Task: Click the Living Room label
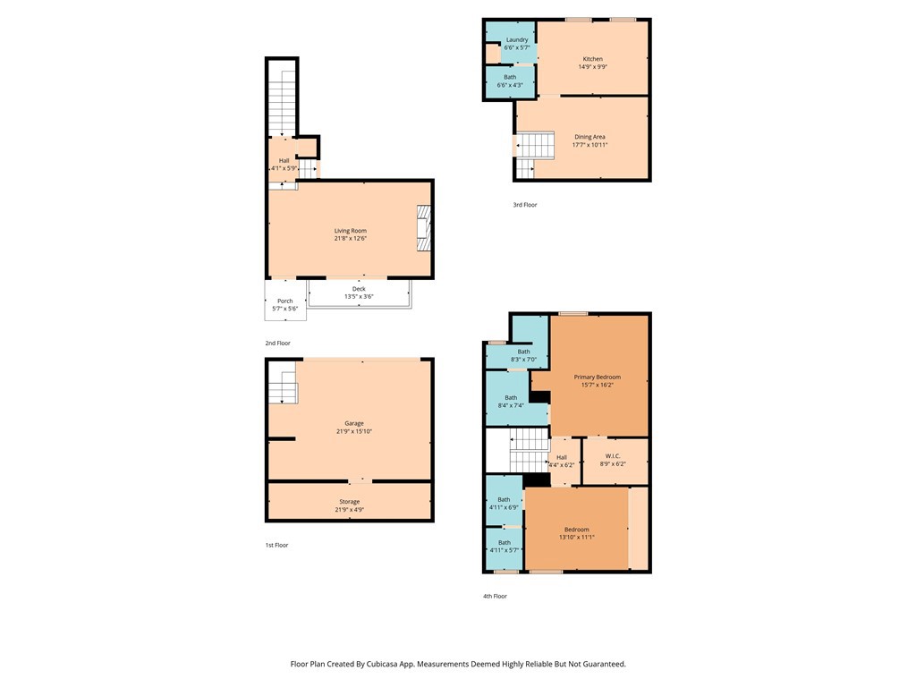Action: coord(351,231)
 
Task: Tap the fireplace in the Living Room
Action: coord(423,228)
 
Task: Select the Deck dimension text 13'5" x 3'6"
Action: coord(359,297)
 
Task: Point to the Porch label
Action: coord(285,301)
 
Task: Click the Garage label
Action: coord(354,423)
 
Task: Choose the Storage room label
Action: coord(350,502)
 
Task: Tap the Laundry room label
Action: coord(517,39)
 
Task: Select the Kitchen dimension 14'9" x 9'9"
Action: coord(593,66)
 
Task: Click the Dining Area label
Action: coord(590,137)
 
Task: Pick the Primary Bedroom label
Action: coord(597,377)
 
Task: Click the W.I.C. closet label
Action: coord(613,456)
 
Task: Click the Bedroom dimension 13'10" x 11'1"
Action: coord(577,538)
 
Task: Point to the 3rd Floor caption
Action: coord(524,205)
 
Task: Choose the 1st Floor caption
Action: coord(277,545)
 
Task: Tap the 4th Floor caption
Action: coord(495,597)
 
